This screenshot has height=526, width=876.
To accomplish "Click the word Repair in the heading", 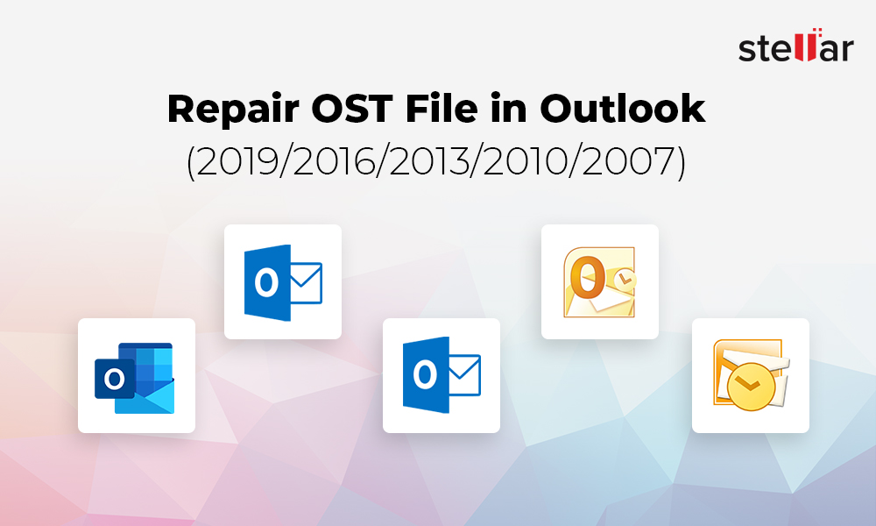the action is click(x=234, y=110).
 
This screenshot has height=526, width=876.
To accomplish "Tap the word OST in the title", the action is click(x=352, y=108).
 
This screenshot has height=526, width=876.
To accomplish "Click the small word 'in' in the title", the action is click(x=509, y=108).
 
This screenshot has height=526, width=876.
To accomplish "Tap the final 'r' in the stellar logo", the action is click(x=847, y=50).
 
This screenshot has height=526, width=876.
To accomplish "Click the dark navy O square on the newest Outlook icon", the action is click(x=115, y=379).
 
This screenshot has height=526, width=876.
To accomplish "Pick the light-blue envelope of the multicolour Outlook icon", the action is click(x=145, y=397).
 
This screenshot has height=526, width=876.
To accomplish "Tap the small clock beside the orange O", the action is click(x=625, y=278).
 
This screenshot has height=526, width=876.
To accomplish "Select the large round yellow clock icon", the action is click(x=752, y=387).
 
